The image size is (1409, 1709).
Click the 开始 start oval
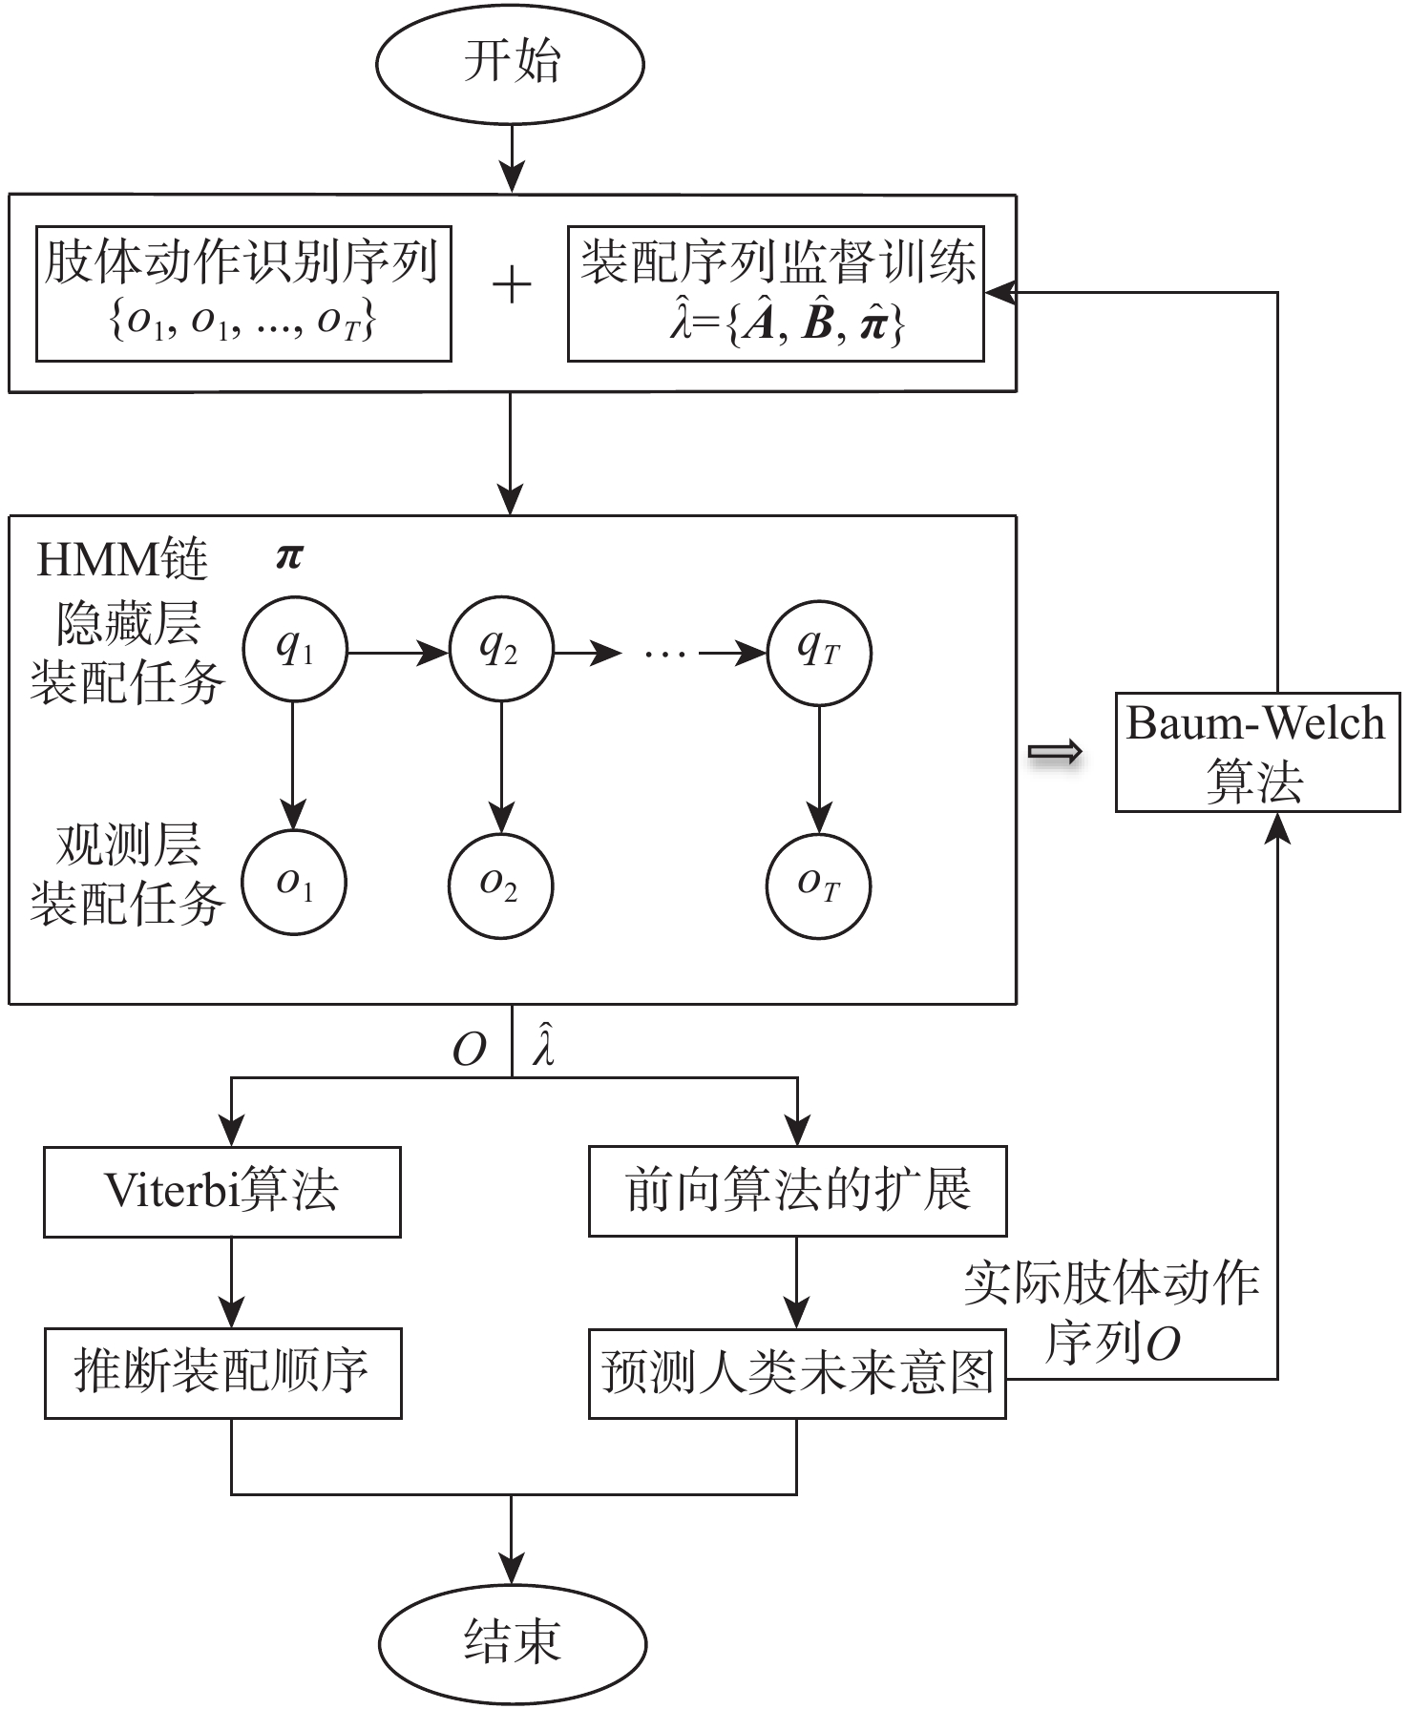(x=511, y=64)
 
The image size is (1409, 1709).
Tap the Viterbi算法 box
(x=221, y=1192)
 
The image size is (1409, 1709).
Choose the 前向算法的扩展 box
(x=797, y=1192)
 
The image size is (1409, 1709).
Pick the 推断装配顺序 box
(x=222, y=1372)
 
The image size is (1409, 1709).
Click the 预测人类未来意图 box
(x=797, y=1372)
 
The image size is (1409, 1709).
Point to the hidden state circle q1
(x=294, y=652)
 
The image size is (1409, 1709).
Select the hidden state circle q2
(x=500, y=652)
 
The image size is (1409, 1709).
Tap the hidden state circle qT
(x=818, y=652)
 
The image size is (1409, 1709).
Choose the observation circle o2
(x=500, y=884)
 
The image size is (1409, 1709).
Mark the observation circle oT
(x=818, y=884)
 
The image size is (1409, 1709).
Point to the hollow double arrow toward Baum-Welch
(x=1055, y=753)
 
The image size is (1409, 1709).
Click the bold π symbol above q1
(x=289, y=556)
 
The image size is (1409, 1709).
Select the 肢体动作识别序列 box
(x=243, y=293)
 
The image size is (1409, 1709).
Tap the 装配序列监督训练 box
(x=775, y=293)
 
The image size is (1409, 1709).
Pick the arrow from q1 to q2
(x=396, y=653)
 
